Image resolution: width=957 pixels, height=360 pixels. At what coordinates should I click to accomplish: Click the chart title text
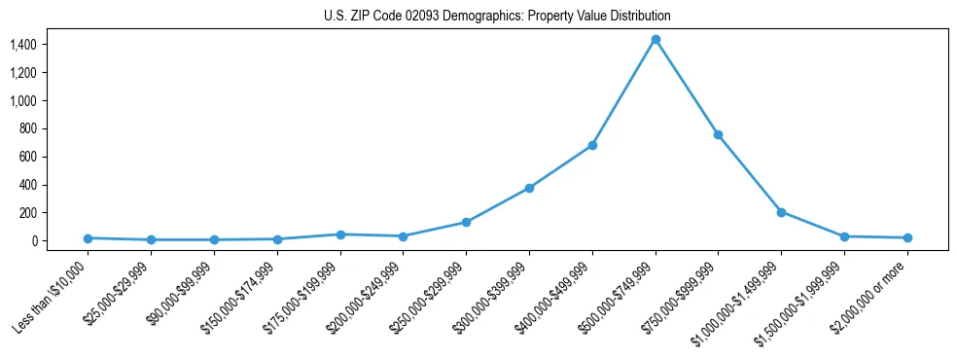click(497, 17)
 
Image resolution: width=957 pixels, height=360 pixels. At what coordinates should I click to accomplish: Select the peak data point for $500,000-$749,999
click(656, 40)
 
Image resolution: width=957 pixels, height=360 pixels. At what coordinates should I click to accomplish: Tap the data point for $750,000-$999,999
click(718, 134)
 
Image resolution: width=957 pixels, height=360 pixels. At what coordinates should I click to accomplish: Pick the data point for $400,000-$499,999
click(592, 146)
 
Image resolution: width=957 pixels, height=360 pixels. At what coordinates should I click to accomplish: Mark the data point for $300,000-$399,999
click(529, 188)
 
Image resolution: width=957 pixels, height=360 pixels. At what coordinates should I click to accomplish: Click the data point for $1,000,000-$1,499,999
click(781, 212)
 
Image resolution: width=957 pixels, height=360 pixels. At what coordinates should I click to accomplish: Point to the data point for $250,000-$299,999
click(466, 223)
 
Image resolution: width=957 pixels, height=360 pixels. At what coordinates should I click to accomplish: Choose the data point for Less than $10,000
click(89, 238)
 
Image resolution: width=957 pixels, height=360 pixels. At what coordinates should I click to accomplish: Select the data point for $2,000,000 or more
click(906, 237)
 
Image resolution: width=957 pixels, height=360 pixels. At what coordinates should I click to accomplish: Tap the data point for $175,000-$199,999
click(340, 234)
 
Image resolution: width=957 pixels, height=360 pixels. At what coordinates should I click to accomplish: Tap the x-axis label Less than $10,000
click(53, 296)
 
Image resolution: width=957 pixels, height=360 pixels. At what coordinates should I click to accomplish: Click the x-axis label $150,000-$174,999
click(242, 296)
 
